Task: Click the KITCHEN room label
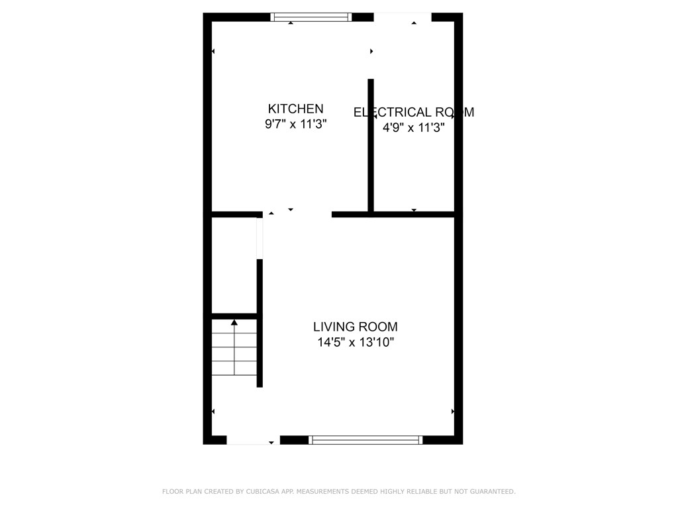(295, 109)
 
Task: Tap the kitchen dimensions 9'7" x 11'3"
(295, 124)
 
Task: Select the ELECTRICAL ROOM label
(414, 112)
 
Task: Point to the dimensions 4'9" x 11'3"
(413, 128)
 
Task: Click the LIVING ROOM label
(356, 327)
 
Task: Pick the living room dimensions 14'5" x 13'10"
(356, 343)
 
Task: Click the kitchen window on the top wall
(311, 17)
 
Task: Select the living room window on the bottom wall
(365, 439)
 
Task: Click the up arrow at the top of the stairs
(234, 323)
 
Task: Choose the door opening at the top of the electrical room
(402, 17)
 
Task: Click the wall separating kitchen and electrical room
(371, 146)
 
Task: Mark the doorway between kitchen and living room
(297, 214)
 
